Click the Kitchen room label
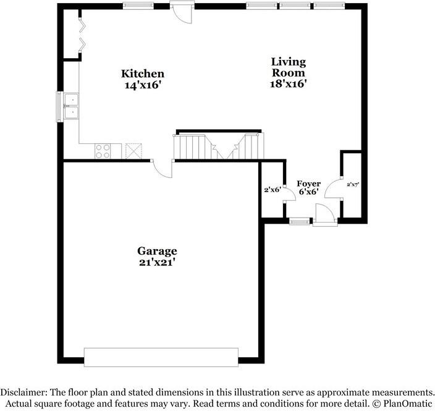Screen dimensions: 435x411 (143, 74)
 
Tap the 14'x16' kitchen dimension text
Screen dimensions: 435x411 (143, 85)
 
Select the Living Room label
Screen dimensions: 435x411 (289, 67)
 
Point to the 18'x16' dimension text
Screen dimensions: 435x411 (289, 83)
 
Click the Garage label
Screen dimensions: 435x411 (157, 251)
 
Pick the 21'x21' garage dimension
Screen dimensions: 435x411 (157, 262)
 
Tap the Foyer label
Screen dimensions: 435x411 (308, 184)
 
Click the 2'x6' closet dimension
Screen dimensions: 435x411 (272, 190)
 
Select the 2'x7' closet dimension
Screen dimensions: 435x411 (353, 184)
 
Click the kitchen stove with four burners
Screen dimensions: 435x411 (103, 151)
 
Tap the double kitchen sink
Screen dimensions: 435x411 (71, 106)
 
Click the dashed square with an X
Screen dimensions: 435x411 (133, 151)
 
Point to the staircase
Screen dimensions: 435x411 (219, 146)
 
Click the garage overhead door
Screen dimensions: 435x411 (161, 357)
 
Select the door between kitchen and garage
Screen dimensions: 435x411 (163, 169)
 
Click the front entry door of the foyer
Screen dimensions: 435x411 (325, 215)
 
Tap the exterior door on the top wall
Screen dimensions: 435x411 (182, 12)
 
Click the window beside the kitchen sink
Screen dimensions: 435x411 (59, 106)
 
